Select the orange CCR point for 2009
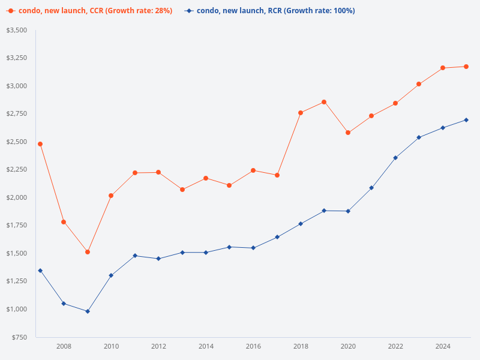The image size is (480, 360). point(88,252)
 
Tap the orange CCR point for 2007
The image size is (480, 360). point(40,144)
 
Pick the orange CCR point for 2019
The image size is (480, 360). point(324,102)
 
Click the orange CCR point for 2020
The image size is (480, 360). point(348,133)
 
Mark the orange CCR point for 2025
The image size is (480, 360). point(466,67)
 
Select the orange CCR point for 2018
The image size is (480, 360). point(301,113)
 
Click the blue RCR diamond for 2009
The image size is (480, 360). point(88,311)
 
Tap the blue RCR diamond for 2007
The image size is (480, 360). point(40,271)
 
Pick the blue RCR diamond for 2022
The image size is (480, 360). point(395,158)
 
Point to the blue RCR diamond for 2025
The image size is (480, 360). point(466,120)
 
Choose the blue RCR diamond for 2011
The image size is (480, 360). point(135,256)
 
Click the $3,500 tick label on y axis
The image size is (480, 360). point(17,30)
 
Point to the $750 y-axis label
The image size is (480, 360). point(20,337)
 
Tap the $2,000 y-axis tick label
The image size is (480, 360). point(17,197)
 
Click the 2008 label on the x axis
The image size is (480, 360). point(64,346)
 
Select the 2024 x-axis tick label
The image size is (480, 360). point(443,346)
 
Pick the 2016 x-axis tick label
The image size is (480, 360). point(253,346)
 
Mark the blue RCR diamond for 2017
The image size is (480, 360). point(277,237)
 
